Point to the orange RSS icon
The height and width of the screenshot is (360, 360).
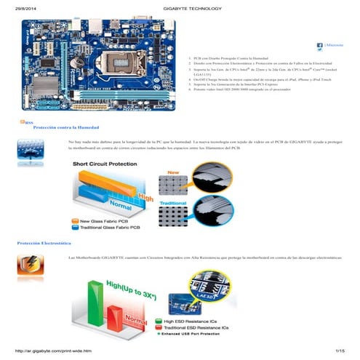23,122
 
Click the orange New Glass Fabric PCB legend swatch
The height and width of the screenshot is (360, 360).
75,220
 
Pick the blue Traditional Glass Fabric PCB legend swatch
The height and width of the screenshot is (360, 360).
75,228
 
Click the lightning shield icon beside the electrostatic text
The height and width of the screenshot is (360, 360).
27,265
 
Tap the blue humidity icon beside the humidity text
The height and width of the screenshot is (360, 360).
27,148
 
